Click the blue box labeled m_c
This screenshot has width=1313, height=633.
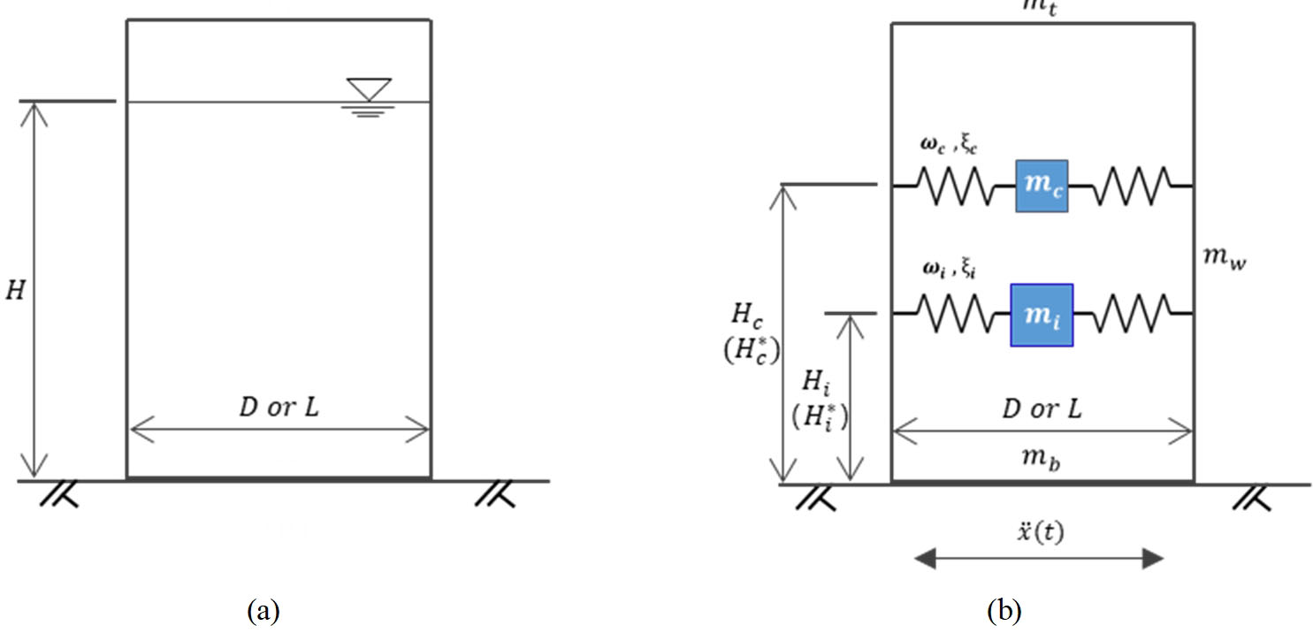(x=1042, y=187)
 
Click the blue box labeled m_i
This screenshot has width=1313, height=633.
(x=1042, y=315)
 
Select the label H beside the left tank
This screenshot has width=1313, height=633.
(x=16, y=291)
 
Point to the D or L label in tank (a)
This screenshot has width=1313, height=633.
(x=279, y=408)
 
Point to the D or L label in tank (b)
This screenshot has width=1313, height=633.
(x=1043, y=408)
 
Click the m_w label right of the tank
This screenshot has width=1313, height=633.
(x=1224, y=258)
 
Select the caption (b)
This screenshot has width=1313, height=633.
(x=1004, y=610)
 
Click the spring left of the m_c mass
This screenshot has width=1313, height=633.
(x=953, y=187)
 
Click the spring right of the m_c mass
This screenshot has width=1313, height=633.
(x=1132, y=187)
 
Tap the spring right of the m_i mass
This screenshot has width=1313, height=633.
(x=1133, y=314)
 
